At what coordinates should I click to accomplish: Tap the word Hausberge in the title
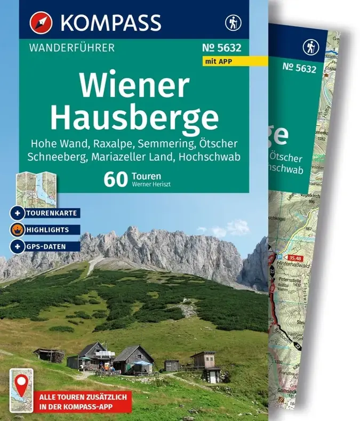pyautogui.click(x=134, y=119)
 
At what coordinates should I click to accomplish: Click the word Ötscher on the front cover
pyautogui.click(x=224, y=144)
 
